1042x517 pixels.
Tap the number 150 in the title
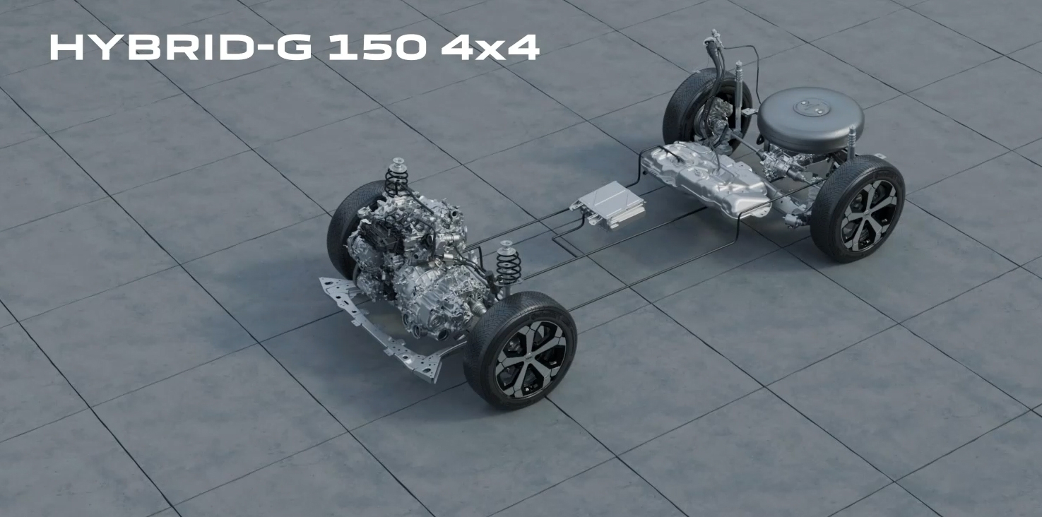(x=377, y=47)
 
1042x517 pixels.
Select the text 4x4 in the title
(x=490, y=47)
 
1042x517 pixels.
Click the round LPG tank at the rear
(x=810, y=119)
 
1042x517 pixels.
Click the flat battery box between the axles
(x=609, y=205)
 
